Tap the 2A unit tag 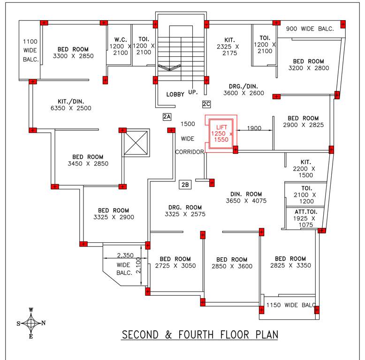tap(167, 116)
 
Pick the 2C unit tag tap(206, 104)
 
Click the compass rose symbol tap(31, 323)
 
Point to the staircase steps tap(181, 49)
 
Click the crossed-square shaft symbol tap(136, 143)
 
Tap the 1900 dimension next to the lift tap(254, 128)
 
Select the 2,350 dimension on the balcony tap(125, 255)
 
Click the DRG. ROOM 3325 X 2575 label tap(185, 210)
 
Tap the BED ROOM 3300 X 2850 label tap(76, 52)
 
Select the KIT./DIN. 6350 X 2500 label tap(71, 104)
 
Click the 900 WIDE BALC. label tap(310, 29)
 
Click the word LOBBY tap(175, 94)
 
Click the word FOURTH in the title tap(212, 335)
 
